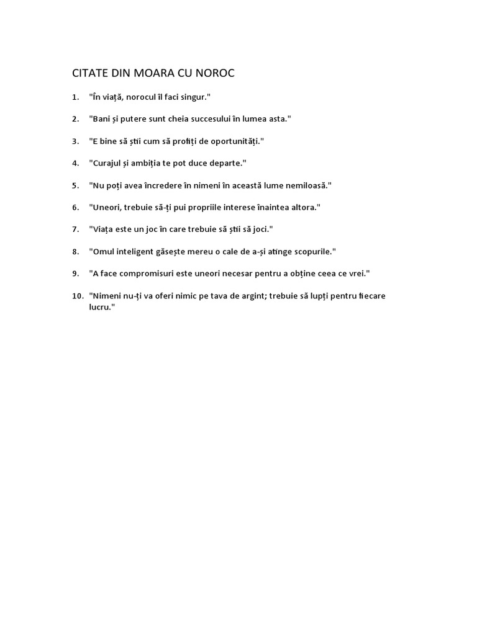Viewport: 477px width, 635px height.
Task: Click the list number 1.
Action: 75,97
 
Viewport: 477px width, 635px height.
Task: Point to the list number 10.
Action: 77,296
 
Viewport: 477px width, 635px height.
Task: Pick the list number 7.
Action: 75,229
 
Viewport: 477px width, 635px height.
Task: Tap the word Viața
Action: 104,229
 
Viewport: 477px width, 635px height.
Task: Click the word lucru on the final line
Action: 101,307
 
